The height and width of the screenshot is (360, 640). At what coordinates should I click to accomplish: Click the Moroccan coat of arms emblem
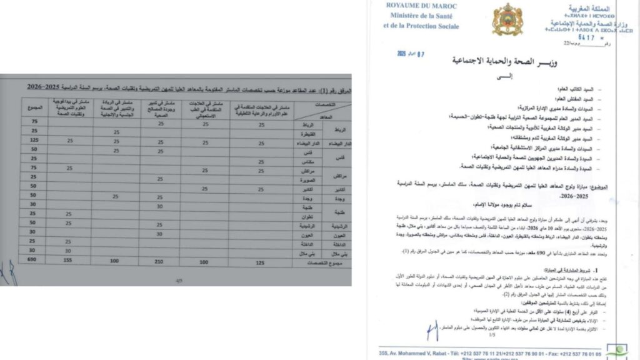tap(507, 19)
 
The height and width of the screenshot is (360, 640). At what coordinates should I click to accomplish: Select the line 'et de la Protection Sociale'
tap(421, 26)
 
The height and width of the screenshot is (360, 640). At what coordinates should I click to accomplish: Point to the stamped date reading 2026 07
tap(411, 54)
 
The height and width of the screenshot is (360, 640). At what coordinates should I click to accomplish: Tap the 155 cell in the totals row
tap(69, 260)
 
